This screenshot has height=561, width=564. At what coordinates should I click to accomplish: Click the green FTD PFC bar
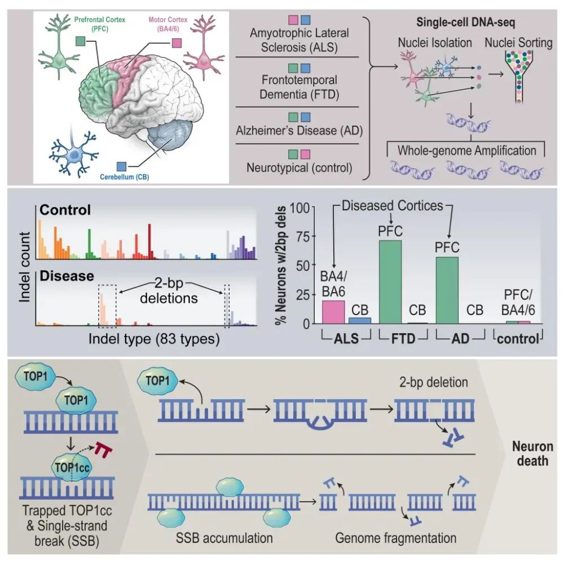tap(390, 282)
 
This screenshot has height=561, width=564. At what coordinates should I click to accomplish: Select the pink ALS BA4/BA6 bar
tap(333, 312)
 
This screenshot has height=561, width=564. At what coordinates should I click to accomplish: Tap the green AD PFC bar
tap(447, 290)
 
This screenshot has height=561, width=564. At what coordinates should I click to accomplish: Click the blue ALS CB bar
tap(360, 320)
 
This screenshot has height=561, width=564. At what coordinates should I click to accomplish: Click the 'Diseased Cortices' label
tap(392, 206)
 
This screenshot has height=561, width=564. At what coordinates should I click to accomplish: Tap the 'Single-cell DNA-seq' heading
tap(466, 23)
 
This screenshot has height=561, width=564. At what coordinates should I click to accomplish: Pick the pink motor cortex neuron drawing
tap(204, 47)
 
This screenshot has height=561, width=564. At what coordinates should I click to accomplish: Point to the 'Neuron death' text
tap(532, 453)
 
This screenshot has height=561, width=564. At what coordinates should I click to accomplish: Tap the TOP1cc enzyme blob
tap(72, 467)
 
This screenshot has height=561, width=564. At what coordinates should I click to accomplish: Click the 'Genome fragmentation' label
tap(396, 538)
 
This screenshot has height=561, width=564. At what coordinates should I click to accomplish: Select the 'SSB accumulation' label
tap(224, 538)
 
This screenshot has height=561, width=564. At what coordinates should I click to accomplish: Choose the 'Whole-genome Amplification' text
tap(466, 151)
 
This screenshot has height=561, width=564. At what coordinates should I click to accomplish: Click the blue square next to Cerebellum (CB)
tap(122, 166)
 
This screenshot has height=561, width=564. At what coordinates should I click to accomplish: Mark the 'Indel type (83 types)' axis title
tap(154, 339)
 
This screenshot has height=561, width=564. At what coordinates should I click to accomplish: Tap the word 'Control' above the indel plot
tap(65, 210)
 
